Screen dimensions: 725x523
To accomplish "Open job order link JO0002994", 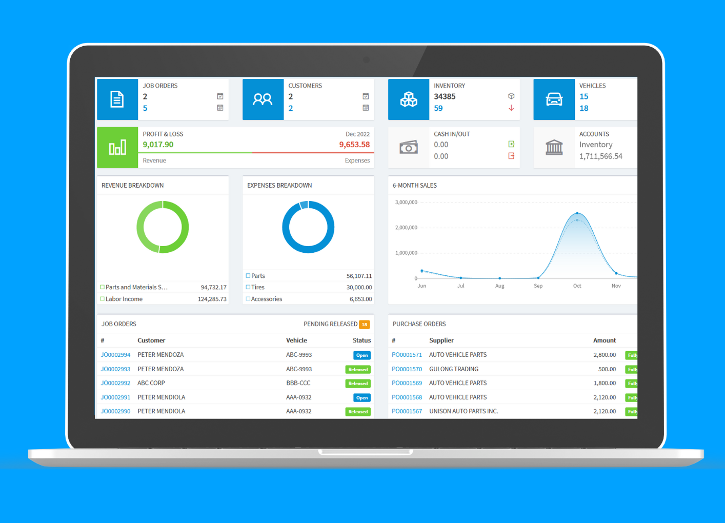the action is click(115, 355).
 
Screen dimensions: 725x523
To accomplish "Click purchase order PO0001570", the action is click(407, 369).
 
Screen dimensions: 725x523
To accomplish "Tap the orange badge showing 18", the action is click(365, 324).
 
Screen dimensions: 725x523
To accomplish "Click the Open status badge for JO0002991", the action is click(362, 398).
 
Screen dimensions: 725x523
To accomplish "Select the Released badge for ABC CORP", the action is click(358, 384).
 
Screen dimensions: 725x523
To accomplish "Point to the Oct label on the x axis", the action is click(577, 286).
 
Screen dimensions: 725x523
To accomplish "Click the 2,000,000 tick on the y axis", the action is click(406, 228).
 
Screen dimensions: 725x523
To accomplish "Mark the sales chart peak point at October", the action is click(577, 213).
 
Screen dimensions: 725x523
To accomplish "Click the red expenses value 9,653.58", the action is click(354, 145).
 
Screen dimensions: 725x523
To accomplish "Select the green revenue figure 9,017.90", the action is click(158, 145).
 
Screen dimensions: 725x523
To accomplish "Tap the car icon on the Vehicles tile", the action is click(554, 99).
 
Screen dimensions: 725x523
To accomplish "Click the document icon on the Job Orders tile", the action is click(117, 99).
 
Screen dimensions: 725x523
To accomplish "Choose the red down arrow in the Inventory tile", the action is click(511, 108).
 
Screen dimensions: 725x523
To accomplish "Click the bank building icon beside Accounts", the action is click(554, 147).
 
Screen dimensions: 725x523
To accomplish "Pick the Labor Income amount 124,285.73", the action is click(212, 299).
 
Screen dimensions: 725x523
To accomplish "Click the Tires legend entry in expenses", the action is click(255, 287).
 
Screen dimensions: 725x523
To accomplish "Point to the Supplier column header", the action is click(441, 340).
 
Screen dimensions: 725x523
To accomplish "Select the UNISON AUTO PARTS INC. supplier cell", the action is click(464, 411).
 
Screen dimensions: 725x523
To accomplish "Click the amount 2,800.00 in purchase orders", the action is click(605, 355).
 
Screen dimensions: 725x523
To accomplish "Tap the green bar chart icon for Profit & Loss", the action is click(117, 147).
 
